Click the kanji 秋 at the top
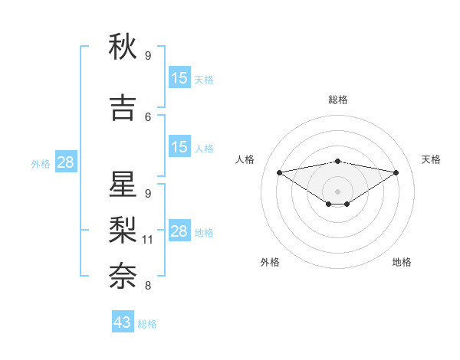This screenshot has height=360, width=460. [123, 47]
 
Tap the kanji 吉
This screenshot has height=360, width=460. [123, 108]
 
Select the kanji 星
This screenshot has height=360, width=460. [123, 186]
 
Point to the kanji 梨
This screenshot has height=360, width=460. [123, 228]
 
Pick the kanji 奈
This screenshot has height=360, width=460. [123, 273]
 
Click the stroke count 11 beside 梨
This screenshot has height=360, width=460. [149, 240]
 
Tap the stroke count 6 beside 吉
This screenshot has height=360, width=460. [148, 117]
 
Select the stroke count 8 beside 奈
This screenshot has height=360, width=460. [148, 286]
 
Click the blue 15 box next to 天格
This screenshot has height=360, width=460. [179, 78]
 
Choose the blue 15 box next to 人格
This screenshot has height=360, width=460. [179, 147]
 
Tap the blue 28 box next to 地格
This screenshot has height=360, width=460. [179, 231]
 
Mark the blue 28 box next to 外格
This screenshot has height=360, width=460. [65, 162]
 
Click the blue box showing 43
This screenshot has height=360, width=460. [123, 322]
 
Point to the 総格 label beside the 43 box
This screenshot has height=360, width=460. [147, 324]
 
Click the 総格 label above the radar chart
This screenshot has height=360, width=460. [338, 100]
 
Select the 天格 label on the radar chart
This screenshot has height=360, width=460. [431, 159]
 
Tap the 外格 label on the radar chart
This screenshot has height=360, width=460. [270, 262]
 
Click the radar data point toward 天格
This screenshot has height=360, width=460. [396, 172]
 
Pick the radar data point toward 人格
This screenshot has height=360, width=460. [280, 172]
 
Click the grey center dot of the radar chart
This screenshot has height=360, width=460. [337, 191]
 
